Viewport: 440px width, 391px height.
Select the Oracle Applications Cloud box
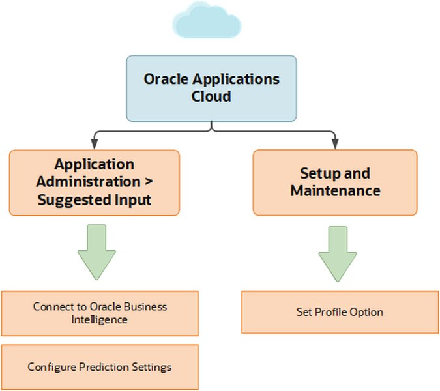coord(211,88)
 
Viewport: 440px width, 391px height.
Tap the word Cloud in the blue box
coord(211,96)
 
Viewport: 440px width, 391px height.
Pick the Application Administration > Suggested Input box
coord(95,182)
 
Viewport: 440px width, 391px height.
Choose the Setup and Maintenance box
coord(334,182)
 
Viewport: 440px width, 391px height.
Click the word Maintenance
coord(335,191)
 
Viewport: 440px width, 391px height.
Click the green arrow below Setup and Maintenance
coord(338,252)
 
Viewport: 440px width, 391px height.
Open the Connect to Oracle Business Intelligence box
coord(99,313)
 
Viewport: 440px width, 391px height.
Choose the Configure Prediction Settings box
coord(99,367)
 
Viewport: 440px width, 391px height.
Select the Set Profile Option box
coord(339,312)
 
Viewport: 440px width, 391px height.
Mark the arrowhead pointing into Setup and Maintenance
coord(334,142)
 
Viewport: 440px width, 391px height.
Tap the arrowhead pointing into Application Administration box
coord(95,142)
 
